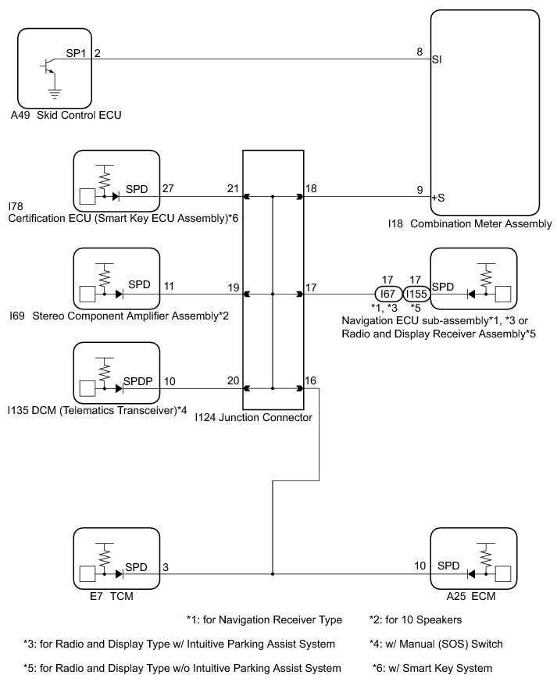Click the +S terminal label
pyautogui.click(x=437, y=198)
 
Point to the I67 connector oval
pyautogui.click(x=388, y=295)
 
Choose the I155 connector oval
pyautogui.click(x=416, y=295)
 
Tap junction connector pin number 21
pyautogui.click(x=233, y=188)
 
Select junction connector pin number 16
pyautogui.click(x=311, y=380)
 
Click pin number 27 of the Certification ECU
pyautogui.click(x=168, y=188)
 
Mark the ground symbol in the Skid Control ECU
pyautogui.click(x=52, y=95)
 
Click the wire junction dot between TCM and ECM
pyautogui.click(x=273, y=574)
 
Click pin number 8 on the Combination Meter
pyautogui.click(x=420, y=53)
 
